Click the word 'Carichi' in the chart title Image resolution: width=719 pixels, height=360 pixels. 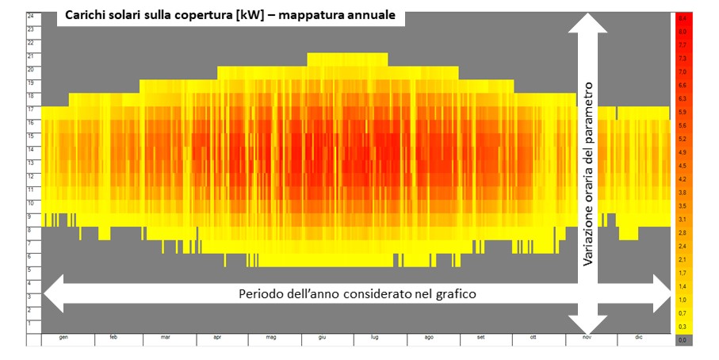91,16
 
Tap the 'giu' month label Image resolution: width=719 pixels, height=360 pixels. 322,338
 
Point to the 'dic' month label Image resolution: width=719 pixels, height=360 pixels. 639,338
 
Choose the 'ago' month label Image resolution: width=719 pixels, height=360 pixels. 429,338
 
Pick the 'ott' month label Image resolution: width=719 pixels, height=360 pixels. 534,338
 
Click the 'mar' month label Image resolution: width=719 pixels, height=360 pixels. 165,338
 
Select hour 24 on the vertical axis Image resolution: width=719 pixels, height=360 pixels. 30,15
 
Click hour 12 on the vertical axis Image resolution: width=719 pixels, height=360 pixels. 30,176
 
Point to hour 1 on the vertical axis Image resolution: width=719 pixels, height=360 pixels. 30,324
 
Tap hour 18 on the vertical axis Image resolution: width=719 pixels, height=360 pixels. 30,95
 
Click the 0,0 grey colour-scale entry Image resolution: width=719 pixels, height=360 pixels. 682,339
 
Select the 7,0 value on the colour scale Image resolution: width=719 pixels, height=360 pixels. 682,72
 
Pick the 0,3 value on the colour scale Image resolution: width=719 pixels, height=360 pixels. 682,326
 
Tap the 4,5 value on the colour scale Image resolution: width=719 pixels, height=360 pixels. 682,165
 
